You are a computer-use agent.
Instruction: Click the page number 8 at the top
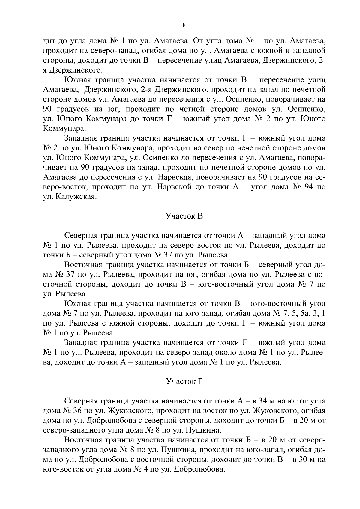point(184,26)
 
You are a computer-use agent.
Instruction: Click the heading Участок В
point(184,216)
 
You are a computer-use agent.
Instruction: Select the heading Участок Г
point(184,382)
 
